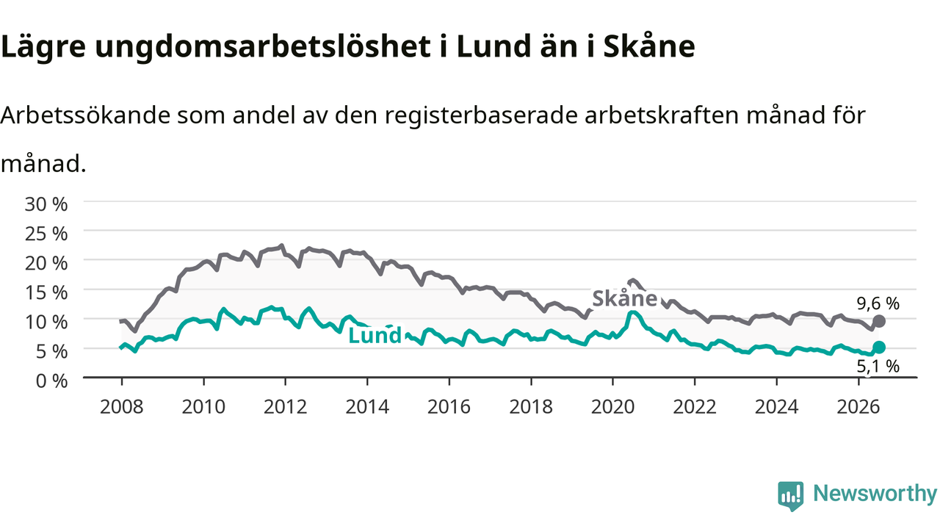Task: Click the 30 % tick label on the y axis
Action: pos(46,204)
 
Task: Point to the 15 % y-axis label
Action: pos(46,292)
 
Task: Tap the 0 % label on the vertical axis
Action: pos(51,381)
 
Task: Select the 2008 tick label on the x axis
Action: pos(122,407)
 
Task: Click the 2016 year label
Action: pos(449,407)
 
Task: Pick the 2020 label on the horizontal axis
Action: pos(612,407)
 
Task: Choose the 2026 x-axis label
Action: pos(858,407)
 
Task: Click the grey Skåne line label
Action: pos(624,298)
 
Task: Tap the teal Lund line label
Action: pos(375,336)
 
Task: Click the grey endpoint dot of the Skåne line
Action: pos(879,321)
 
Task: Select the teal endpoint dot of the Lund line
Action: pos(879,348)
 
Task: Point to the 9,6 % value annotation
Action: pos(878,303)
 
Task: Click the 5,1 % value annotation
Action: pos(878,367)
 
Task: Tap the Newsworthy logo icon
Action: pos(791,496)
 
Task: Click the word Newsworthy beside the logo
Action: pos(875,493)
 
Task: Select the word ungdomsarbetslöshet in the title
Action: pos(263,47)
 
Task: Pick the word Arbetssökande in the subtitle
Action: pos(85,115)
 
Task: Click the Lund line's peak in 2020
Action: pos(633,312)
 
